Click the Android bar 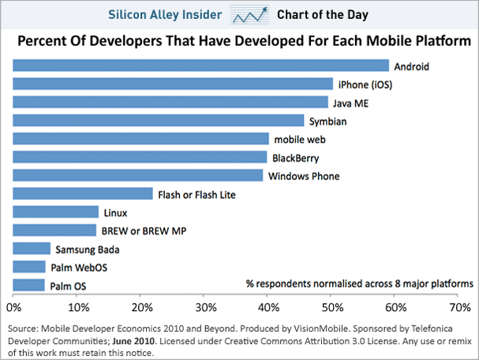(x=201, y=66)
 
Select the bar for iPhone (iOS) (x=174, y=84)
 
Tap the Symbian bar (x=159, y=120)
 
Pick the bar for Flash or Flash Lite (x=83, y=193)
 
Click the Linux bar (x=56, y=212)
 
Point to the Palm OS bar (x=29, y=285)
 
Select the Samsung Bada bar (x=32, y=249)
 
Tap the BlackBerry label (x=295, y=158)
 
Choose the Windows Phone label (x=304, y=176)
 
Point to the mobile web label (x=298, y=140)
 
